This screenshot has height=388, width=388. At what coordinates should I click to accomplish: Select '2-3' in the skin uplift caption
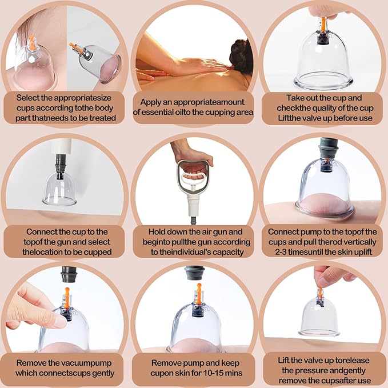(x=281, y=252)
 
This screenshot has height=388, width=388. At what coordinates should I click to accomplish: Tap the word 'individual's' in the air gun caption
(x=190, y=252)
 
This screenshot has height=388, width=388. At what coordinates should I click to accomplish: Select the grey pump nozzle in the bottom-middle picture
(x=194, y=273)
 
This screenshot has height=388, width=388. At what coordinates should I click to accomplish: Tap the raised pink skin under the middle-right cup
(x=323, y=203)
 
